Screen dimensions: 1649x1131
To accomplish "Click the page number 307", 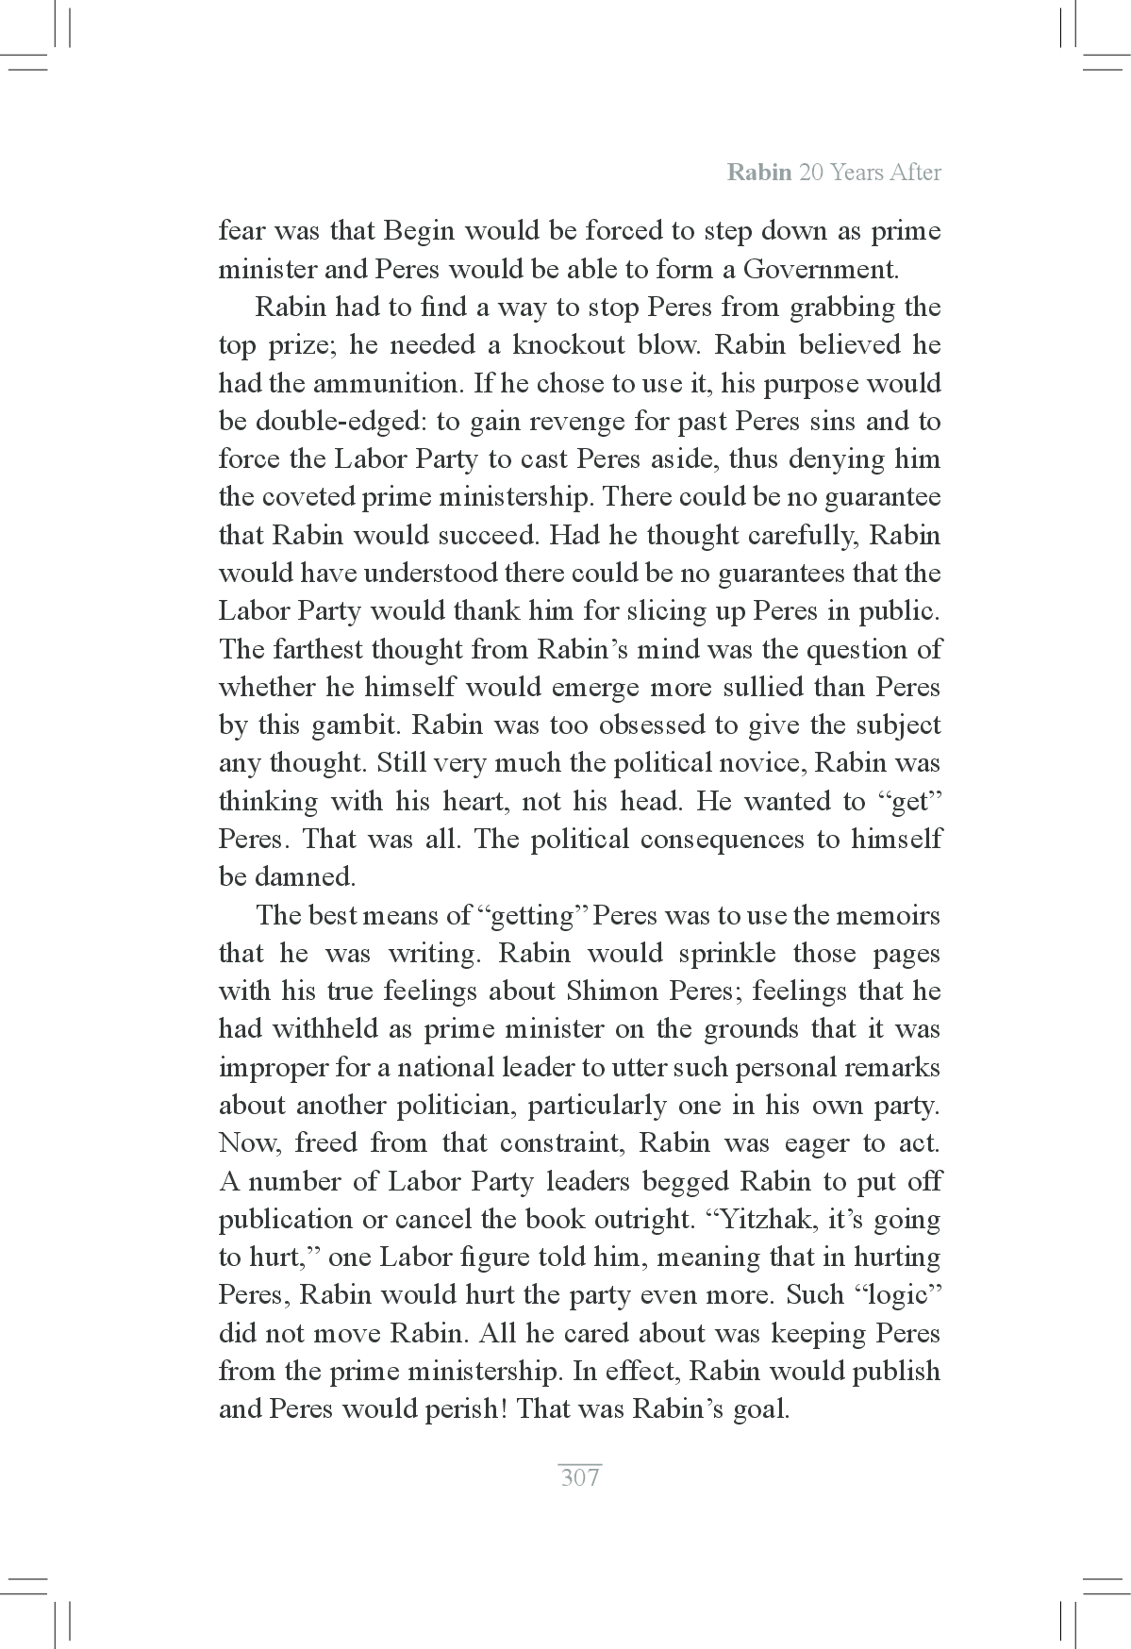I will pos(579,1476).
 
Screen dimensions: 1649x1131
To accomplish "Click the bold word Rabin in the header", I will pos(759,173).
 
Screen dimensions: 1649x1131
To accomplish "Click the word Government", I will pos(820,270).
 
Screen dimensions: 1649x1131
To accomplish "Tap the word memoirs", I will pos(887,915).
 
